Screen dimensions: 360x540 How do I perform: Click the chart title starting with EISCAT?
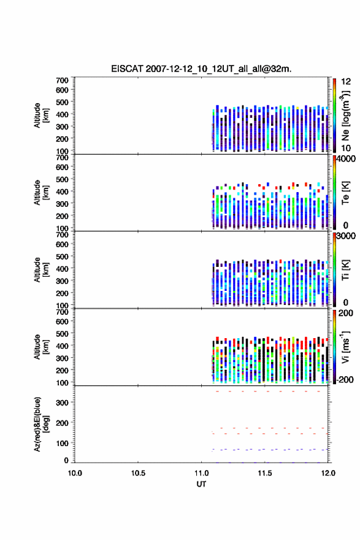click(x=201, y=69)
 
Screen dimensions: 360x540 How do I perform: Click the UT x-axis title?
click(x=201, y=484)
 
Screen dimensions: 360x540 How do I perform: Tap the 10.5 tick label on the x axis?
click(x=138, y=473)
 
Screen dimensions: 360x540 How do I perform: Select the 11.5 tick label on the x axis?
click(x=265, y=473)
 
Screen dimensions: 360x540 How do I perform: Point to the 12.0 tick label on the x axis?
click(x=328, y=473)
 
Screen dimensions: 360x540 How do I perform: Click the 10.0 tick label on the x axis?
click(x=75, y=473)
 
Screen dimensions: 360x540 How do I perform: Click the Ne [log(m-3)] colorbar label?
click(x=345, y=116)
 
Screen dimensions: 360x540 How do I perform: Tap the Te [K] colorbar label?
click(x=345, y=193)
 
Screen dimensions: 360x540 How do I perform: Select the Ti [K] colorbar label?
click(x=345, y=270)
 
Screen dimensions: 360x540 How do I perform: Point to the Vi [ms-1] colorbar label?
click(x=345, y=347)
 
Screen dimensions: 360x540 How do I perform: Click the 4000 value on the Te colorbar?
click(x=345, y=159)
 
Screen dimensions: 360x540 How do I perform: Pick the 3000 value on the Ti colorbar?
click(x=345, y=236)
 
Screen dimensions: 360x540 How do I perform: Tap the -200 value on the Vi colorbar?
click(x=345, y=379)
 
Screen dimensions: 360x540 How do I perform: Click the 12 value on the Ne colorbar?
click(x=346, y=82)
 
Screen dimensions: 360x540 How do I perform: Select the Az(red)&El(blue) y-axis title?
click(x=42, y=424)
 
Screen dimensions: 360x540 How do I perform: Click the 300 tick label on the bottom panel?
click(x=62, y=403)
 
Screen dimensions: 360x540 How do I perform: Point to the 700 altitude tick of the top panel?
click(x=62, y=80)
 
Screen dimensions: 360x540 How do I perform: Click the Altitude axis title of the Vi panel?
click(x=42, y=347)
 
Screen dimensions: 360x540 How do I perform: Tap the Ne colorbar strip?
click(x=334, y=116)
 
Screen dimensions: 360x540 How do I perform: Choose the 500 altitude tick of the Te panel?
click(x=62, y=179)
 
